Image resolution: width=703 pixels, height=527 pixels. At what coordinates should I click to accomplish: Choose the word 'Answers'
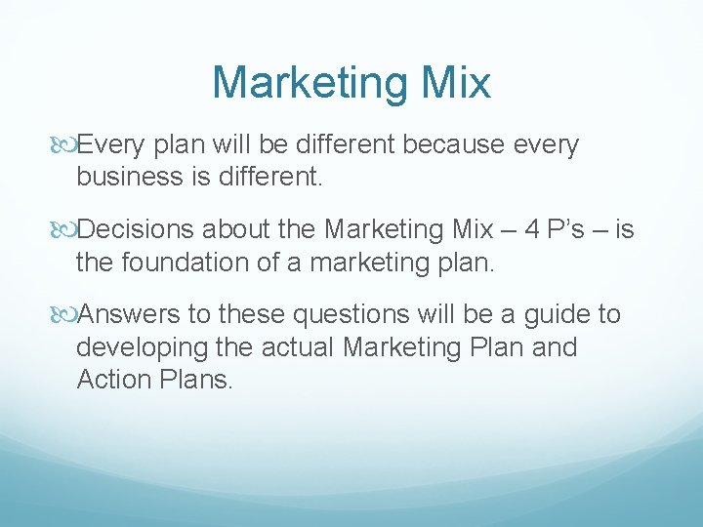[x=131, y=314]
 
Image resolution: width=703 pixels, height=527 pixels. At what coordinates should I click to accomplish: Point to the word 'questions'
[x=351, y=314]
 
